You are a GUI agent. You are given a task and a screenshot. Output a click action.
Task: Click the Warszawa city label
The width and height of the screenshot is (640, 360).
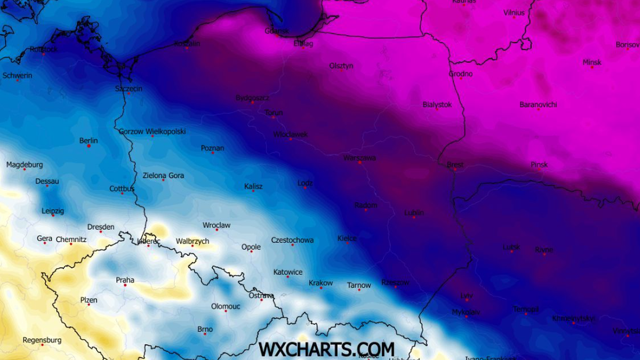[359, 158]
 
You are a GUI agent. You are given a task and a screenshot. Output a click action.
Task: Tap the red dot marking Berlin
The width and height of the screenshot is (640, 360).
[89, 146]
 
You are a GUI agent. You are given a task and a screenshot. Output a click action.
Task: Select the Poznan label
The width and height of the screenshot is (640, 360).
[212, 148]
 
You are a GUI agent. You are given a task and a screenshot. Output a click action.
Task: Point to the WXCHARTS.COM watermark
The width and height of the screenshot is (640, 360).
[326, 349]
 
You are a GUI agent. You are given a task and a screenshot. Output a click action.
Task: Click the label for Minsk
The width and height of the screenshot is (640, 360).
[591, 62]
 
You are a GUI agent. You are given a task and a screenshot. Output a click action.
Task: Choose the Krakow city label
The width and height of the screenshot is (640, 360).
[321, 283]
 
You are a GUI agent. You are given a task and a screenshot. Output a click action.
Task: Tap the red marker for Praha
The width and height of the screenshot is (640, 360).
[125, 285]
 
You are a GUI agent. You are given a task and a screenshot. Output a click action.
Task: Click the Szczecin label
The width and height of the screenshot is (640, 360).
[129, 89]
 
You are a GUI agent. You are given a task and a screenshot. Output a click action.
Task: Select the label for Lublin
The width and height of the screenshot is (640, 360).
[414, 212]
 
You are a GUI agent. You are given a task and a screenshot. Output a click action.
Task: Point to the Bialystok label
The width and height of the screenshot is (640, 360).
[437, 105]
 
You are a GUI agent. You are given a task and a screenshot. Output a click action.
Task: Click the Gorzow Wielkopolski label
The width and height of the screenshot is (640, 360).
[152, 131]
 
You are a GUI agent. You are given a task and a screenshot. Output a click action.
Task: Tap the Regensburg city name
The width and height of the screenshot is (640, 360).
[42, 340]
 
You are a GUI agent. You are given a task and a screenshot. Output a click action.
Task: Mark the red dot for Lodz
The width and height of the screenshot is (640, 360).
[305, 188]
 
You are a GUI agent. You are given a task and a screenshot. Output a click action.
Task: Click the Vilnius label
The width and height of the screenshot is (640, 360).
[514, 12]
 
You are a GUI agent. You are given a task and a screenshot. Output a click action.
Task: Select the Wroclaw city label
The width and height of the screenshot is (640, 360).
[217, 225]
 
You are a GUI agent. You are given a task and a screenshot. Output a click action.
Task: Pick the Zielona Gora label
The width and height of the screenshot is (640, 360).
[163, 175]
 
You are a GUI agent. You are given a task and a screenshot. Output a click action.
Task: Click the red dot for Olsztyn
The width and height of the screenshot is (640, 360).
[341, 70]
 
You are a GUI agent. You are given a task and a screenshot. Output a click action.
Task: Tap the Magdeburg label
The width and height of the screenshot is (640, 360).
[25, 165]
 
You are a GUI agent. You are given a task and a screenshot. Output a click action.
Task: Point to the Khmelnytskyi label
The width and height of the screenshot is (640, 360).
[573, 318]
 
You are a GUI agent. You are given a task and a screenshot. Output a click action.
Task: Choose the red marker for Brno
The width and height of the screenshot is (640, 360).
[205, 334]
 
